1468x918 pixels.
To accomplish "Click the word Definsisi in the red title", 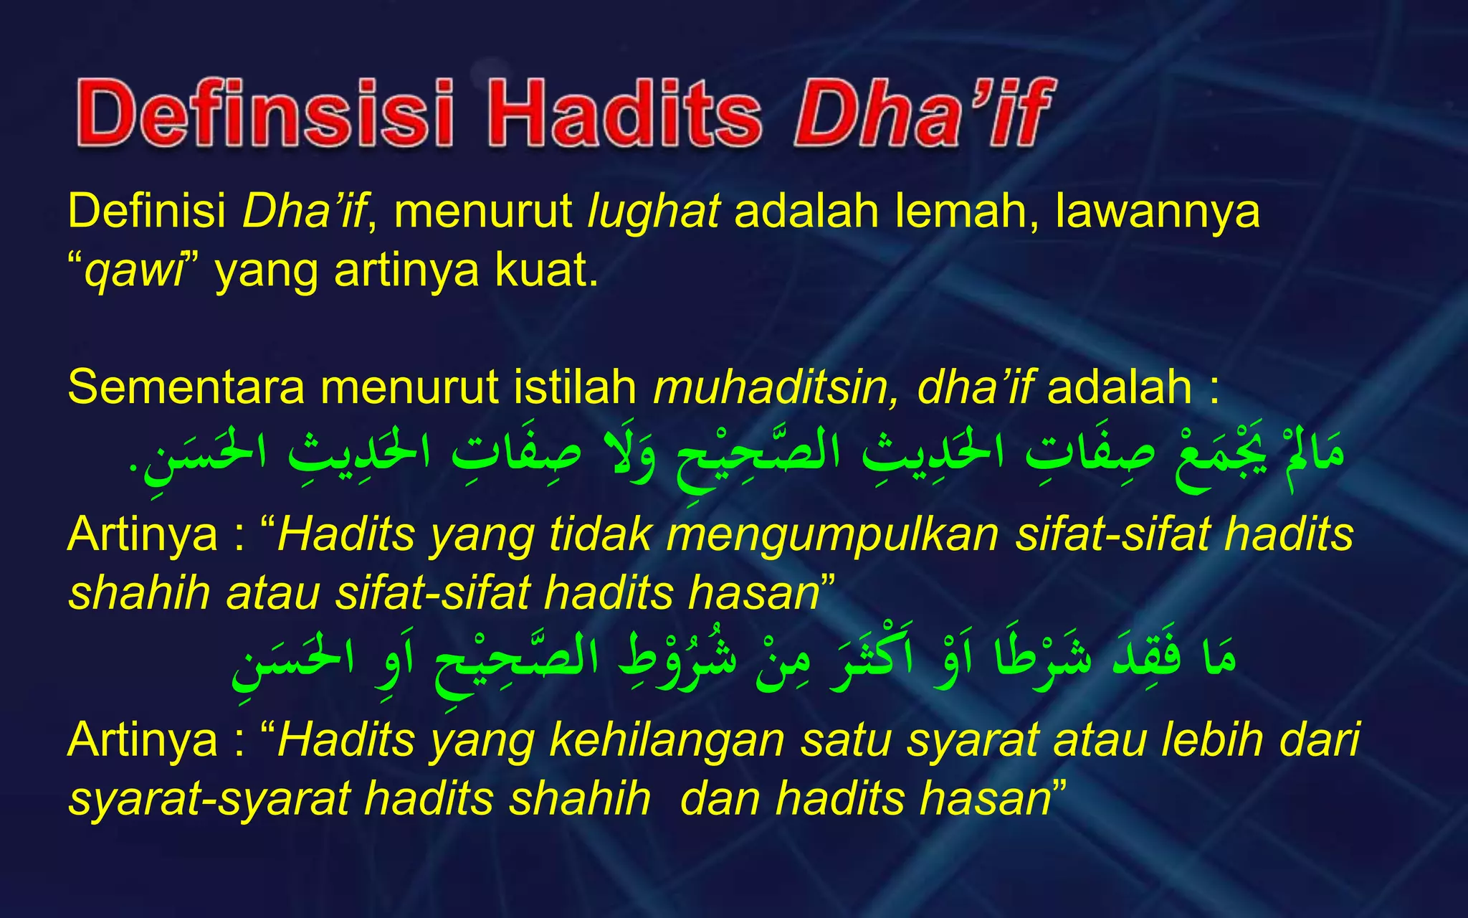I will (x=264, y=113).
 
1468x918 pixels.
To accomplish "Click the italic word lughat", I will (x=653, y=212).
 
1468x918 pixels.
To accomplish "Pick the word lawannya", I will (x=1157, y=212).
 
